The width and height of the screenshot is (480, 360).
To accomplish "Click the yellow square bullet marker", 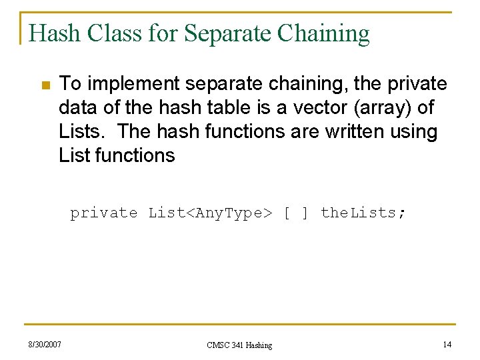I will [x=45, y=85].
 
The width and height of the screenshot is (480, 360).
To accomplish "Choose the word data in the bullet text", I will [x=78, y=108].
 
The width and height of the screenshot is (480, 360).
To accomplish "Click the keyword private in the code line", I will [x=104, y=213].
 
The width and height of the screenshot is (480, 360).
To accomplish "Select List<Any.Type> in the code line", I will [x=210, y=213].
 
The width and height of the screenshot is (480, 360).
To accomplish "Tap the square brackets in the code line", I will [x=296, y=213].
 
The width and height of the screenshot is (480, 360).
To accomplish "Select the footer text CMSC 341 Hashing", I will [x=239, y=345].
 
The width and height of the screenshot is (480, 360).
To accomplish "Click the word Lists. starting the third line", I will [x=82, y=132].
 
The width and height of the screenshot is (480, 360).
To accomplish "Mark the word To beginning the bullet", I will [x=69, y=84].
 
